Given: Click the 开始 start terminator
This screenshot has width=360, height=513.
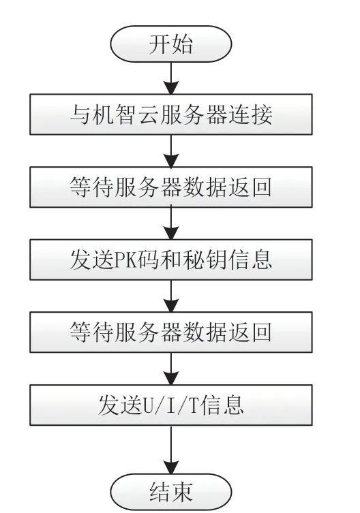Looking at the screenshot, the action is [x=170, y=44].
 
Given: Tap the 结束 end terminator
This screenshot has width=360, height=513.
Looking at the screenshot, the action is [x=170, y=492].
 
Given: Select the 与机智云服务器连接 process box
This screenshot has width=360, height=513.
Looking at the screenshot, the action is [x=171, y=114].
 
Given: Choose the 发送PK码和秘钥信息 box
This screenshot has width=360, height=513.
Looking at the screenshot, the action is [x=171, y=260].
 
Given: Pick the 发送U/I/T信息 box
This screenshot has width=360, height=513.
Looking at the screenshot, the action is [x=171, y=405].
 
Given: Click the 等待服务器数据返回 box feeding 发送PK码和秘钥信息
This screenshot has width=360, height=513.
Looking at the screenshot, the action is [x=171, y=187].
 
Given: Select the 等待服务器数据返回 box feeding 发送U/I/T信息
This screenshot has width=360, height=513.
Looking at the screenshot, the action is [x=171, y=332].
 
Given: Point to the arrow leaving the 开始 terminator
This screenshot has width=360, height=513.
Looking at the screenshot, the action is [x=171, y=78].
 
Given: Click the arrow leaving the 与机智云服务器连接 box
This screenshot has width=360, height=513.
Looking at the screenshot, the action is [x=171, y=151].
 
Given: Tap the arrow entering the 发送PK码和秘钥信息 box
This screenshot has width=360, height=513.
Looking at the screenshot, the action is [x=171, y=223].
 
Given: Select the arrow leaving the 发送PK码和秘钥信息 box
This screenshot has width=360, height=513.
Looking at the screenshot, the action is [x=171, y=296].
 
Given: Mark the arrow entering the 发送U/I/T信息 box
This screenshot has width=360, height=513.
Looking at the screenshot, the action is [x=171, y=369].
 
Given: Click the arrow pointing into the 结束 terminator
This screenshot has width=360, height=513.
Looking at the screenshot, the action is [x=171, y=450].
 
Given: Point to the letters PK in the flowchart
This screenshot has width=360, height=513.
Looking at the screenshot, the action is [x=125, y=261].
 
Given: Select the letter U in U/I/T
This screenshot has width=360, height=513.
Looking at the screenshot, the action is [x=149, y=406].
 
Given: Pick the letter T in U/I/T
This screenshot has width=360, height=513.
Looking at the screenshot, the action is [x=193, y=406].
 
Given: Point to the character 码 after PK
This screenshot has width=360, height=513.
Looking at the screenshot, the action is [x=147, y=260].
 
